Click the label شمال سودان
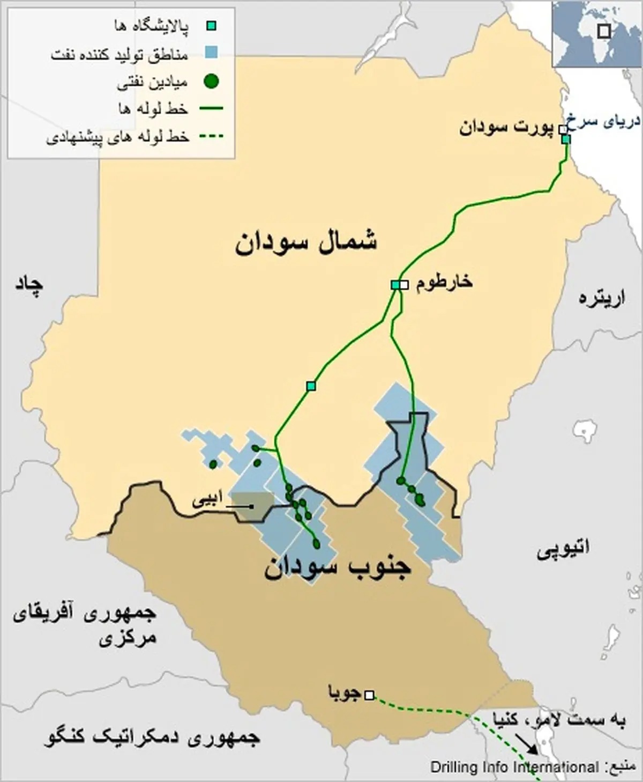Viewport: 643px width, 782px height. point(306,242)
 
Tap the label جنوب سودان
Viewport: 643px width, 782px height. point(337,567)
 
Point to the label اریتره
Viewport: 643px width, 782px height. point(602,299)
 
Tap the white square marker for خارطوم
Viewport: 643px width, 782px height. point(404,285)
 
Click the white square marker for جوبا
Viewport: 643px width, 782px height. point(369,695)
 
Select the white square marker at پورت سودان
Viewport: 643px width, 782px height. point(563,129)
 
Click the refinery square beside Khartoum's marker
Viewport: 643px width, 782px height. point(395,285)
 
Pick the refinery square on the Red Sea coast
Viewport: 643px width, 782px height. point(566,139)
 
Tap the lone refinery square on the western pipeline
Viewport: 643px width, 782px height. point(311,386)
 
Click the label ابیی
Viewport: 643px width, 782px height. point(206,503)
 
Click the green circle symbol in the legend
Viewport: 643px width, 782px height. point(212,82)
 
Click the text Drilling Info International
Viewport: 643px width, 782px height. point(514,767)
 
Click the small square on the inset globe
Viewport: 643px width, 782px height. point(604,32)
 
